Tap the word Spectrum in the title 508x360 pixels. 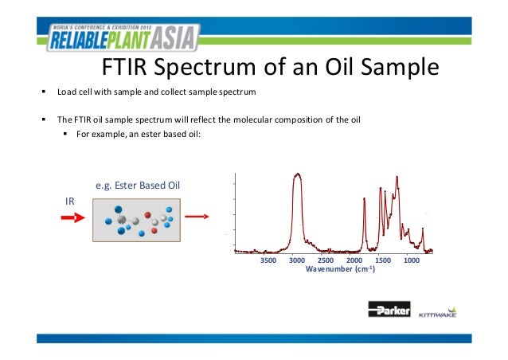tap(213, 72)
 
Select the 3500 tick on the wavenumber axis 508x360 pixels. tap(268, 260)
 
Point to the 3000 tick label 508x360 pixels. tap(297, 260)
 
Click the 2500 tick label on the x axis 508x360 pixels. tap(326, 260)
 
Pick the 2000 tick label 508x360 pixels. tap(354, 260)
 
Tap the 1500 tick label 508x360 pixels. tap(383, 260)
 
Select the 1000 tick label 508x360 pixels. tap(412, 260)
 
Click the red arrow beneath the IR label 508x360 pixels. tap(73, 216)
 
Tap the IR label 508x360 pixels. tap(70, 201)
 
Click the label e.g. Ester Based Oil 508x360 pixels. tap(138, 186)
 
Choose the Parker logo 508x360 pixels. tap(386, 311)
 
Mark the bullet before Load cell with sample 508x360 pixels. tap(44, 92)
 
